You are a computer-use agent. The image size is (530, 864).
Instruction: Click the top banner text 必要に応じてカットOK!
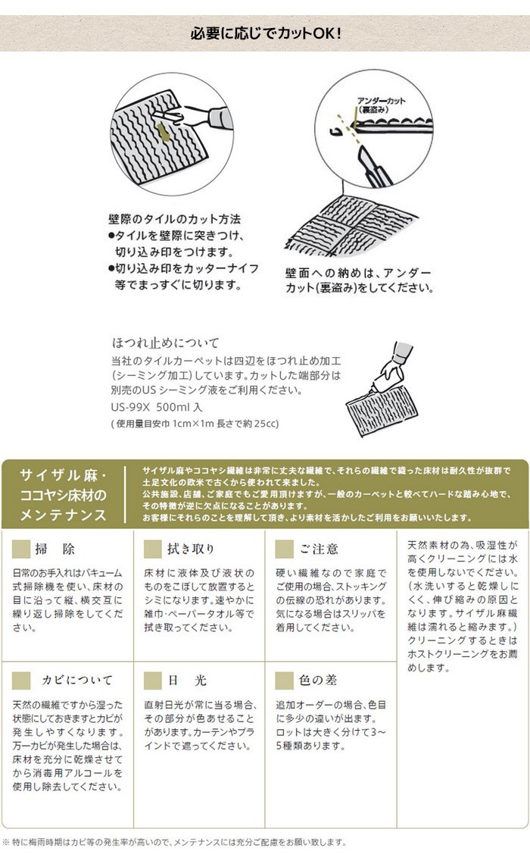(x=265, y=33)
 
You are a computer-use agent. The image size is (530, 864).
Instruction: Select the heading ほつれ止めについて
(x=164, y=343)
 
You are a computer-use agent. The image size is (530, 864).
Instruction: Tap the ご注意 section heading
(x=318, y=549)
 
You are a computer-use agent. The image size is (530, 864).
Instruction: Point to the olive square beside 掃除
(x=23, y=549)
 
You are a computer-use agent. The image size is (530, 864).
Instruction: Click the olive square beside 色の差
(x=285, y=680)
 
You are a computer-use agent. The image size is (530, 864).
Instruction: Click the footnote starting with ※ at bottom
(x=174, y=842)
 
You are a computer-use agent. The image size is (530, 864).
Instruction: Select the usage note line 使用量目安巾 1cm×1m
(x=195, y=423)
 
